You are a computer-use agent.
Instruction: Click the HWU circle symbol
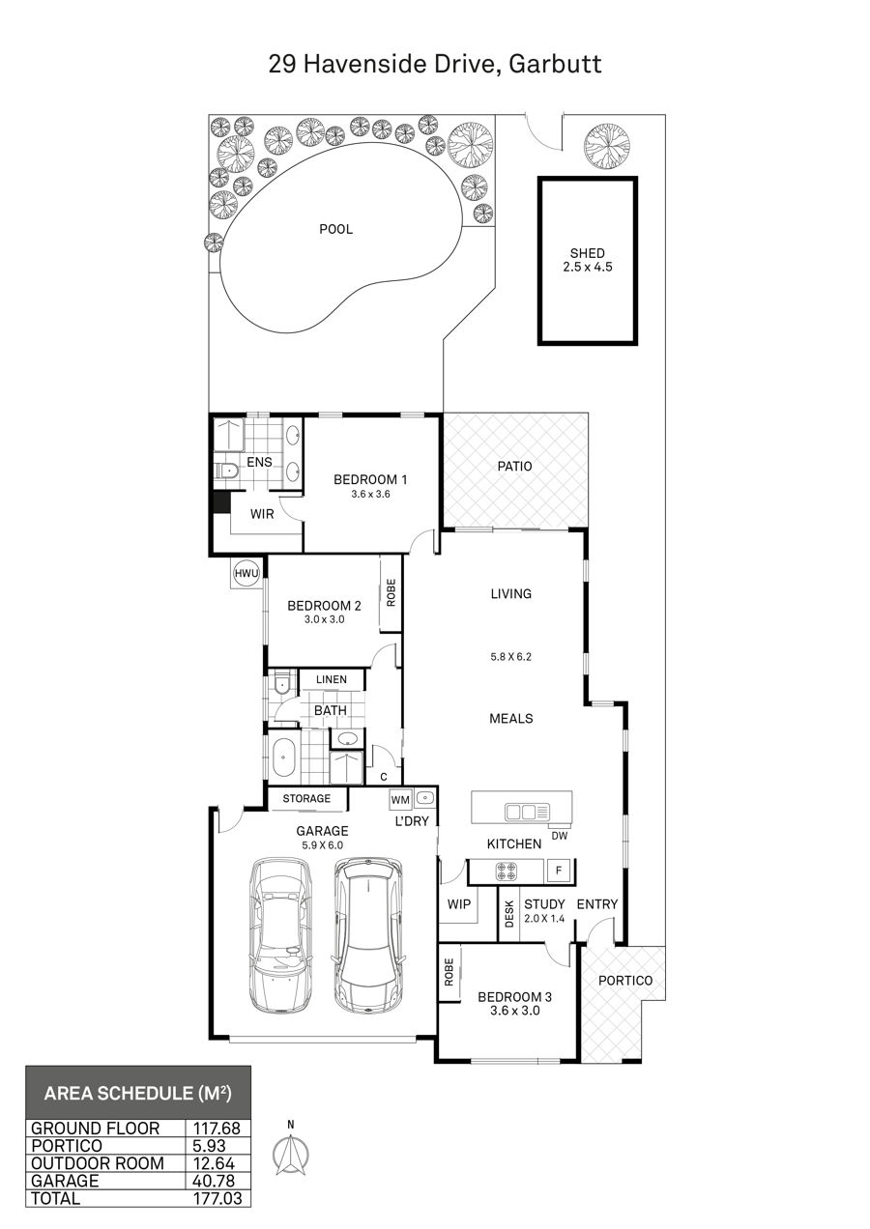pyautogui.click(x=246, y=574)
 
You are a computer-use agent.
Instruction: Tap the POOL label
pyautogui.click(x=336, y=229)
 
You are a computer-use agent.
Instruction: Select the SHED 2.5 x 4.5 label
pyautogui.click(x=588, y=260)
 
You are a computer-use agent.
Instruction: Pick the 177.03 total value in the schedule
pyautogui.click(x=217, y=1198)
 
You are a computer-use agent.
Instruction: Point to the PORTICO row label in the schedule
pyautogui.click(x=67, y=1146)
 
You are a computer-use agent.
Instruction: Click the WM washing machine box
pyautogui.click(x=400, y=800)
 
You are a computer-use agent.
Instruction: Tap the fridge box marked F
pyautogui.click(x=559, y=871)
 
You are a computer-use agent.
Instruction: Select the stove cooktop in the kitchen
pyautogui.click(x=507, y=872)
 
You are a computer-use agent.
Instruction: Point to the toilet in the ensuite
pyautogui.click(x=226, y=471)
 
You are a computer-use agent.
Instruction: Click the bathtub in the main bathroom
pyautogui.click(x=282, y=757)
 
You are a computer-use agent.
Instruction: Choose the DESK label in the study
pyautogui.click(x=509, y=913)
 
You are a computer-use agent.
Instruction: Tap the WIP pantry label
pyautogui.click(x=459, y=904)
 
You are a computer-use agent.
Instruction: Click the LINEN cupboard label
pyautogui.click(x=331, y=679)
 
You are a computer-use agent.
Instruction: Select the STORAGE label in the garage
pyautogui.click(x=306, y=798)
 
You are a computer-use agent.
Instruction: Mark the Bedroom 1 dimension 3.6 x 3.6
pyautogui.click(x=370, y=494)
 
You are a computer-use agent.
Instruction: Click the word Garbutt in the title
pyautogui.click(x=555, y=64)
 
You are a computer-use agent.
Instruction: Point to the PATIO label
pyautogui.click(x=514, y=467)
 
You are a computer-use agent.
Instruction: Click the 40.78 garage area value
pyautogui.click(x=214, y=1181)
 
